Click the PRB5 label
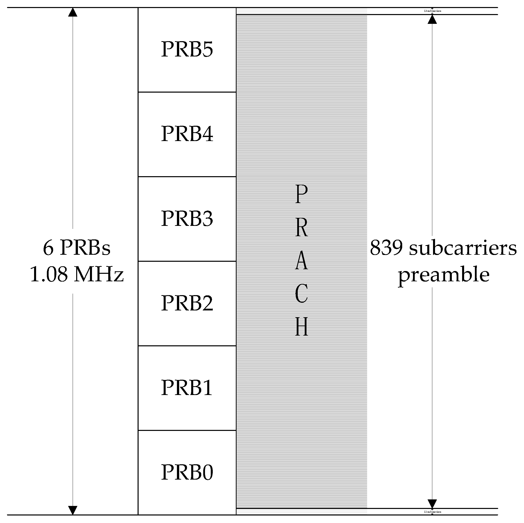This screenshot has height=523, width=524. pos(187,49)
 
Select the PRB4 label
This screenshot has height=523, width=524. pos(187,134)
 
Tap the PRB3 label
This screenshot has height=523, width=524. pos(187,218)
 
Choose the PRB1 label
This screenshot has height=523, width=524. pos(187,387)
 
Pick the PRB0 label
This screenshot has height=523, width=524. pos(187,472)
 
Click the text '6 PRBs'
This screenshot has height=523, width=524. pos(77,248)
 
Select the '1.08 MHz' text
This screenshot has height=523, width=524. pos(77,274)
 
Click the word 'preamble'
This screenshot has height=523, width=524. pos(444,275)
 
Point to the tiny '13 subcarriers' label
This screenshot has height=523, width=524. pos(432,11)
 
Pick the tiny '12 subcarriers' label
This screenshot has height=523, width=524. pos(432,512)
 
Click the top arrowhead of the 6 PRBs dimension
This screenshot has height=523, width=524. pos(72,12)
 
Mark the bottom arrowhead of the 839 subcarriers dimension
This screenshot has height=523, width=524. pos(432,504)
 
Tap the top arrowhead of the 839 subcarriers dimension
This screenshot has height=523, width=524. pos(432,19)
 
